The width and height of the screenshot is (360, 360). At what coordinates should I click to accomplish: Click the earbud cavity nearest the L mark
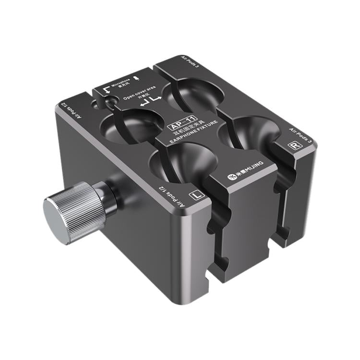coord(177,161)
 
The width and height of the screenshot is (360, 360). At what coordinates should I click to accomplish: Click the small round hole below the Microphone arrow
coord(110,102)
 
